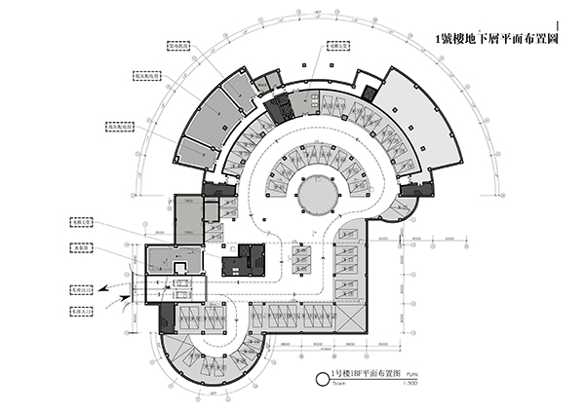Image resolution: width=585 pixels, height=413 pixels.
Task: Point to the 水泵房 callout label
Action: coord(83,248)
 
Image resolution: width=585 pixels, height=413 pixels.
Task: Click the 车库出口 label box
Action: coord(82,289)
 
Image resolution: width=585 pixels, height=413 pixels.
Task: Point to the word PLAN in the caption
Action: coord(413,375)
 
